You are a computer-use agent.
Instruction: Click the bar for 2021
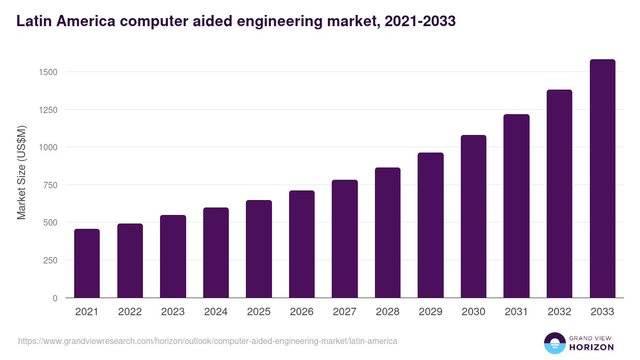(x=87, y=263)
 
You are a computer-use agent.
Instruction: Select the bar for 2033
(x=602, y=179)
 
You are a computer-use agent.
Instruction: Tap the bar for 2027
(x=345, y=239)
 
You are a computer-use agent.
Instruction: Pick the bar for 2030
(x=474, y=217)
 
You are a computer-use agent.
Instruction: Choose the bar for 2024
(x=215, y=253)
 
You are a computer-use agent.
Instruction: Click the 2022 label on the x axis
(x=130, y=312)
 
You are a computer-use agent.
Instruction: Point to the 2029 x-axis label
(x=430, y=312)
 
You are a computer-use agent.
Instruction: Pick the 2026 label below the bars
(x=302, y=312)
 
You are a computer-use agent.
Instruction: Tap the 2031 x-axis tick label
(x=516, y=312)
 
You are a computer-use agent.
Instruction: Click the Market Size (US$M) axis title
(x=21, y=172)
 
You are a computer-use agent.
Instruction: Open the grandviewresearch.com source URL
(x=207, y=341)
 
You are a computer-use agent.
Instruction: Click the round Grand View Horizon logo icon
(x=554, y=343)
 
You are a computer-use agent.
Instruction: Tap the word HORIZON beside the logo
(x=591, y=347)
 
